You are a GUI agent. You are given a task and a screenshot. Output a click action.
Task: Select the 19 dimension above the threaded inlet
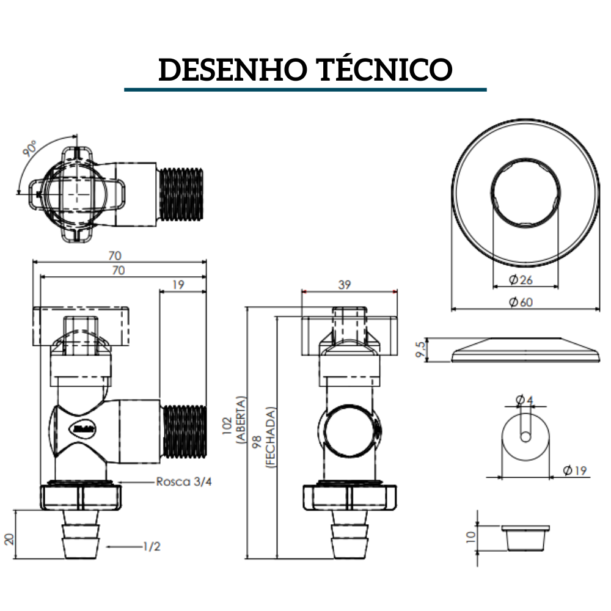178,284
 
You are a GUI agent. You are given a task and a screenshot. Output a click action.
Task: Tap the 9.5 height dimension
419,349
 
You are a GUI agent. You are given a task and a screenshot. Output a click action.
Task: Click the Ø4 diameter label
524,400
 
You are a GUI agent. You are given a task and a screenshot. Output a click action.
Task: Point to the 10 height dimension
470,537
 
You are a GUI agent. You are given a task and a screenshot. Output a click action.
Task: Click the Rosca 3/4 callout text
184,481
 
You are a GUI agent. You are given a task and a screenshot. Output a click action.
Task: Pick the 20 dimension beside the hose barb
9,538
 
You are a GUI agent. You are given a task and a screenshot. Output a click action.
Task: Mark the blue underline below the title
305,89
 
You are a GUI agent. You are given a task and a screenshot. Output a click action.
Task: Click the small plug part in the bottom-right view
525,537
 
